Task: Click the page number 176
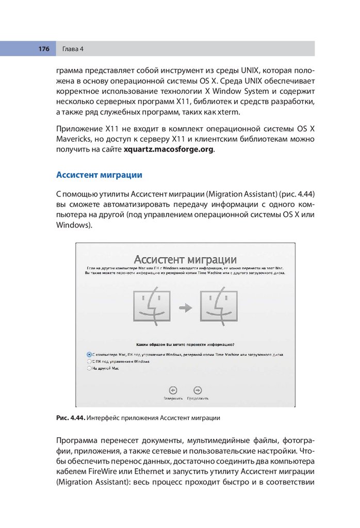pos(43,49)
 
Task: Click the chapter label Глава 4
pos(73,49)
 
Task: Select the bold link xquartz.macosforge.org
pos(168,150)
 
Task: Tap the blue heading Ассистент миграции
pos(99,175)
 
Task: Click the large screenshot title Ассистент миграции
pos(185,259)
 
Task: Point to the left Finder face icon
pos(151,307)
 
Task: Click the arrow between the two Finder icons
pos(185,308)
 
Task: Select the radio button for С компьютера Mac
pos(89,355)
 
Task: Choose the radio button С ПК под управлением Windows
pos(89,362)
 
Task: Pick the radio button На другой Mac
pos(89,369)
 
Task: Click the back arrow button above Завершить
pos(173,390)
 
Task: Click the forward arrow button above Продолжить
pos(197,390)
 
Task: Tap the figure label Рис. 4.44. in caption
pos(70,418)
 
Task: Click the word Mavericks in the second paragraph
pos(74,139)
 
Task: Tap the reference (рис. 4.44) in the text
pos(296,193)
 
